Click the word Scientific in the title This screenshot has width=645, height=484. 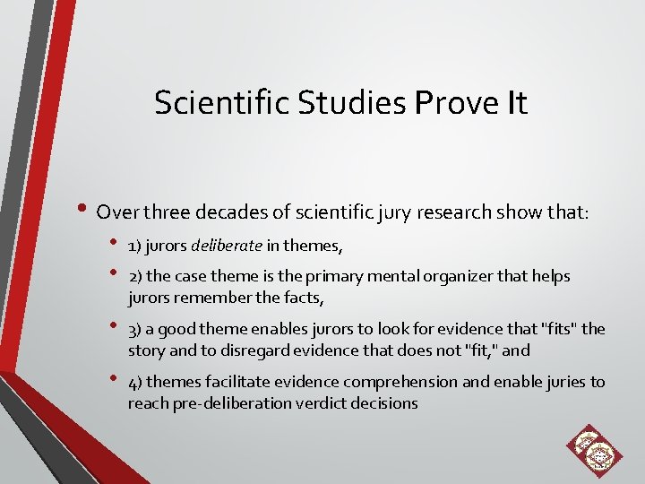(209, 103)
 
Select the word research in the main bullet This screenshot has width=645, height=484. (429, 212)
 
